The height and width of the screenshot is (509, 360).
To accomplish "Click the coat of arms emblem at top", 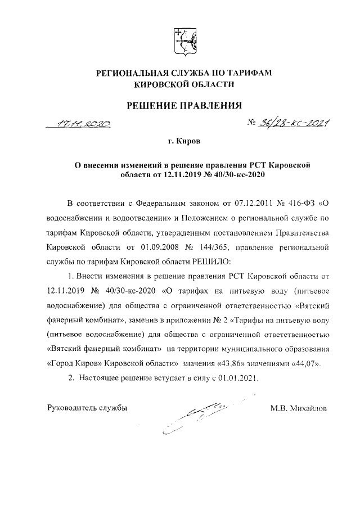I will point(184,41).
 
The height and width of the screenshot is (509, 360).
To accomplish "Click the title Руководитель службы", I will point(85,408).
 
